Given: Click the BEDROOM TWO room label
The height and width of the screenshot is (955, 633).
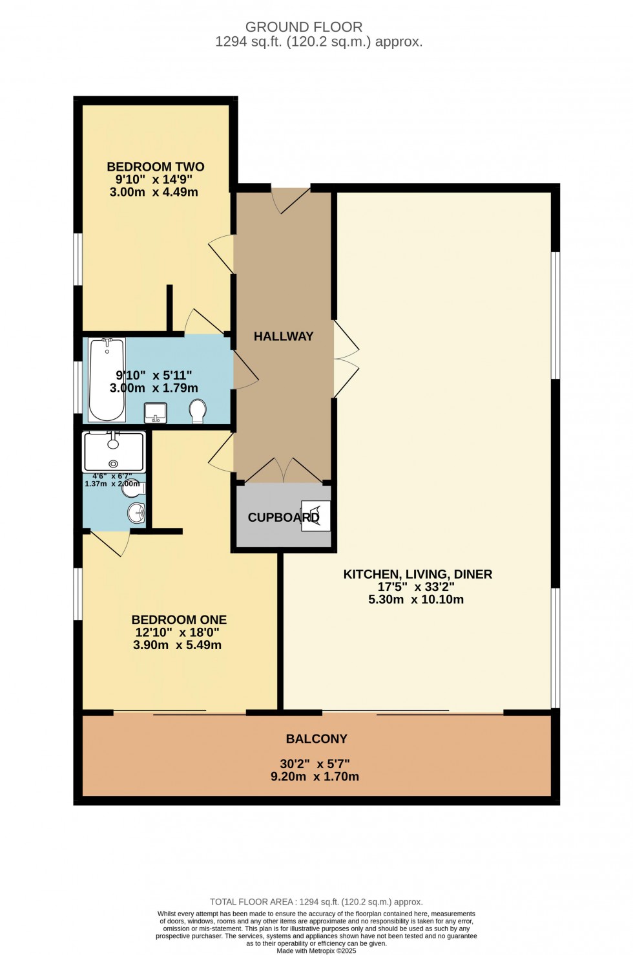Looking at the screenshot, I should (x=155, y=167).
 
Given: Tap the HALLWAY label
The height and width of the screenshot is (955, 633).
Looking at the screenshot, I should (x=284, y=336).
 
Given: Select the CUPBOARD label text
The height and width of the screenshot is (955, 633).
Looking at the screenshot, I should (x=283, y=517).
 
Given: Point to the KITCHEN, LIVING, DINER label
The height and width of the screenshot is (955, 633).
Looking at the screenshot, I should (x=417, y=574).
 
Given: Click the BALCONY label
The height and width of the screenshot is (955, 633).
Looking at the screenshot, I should (x=316, y=738).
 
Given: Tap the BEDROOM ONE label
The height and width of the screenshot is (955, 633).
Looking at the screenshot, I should (x=179, y=619).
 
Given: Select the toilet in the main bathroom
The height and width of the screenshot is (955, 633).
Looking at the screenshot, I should (x=198, y=411).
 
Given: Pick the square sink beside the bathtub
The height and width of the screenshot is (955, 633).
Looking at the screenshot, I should (x=155, y=411).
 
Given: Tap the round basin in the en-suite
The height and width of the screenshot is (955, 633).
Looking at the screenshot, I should (x=137, y=513).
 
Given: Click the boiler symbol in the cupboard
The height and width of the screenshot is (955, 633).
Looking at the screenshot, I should (x=316, y=516).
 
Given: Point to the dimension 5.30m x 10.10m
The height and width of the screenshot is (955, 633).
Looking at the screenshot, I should (x=416, y=599).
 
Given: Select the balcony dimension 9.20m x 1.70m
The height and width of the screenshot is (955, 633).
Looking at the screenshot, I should (x=315, y=777).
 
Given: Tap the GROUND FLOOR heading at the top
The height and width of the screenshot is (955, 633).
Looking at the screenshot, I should (x=304, y=27).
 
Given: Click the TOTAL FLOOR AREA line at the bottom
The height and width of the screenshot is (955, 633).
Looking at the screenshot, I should (x=316, y=902).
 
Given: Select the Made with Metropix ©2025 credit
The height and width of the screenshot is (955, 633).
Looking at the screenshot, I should (x=316, y=950).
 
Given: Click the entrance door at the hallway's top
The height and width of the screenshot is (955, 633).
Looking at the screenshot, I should (x=291, y=200).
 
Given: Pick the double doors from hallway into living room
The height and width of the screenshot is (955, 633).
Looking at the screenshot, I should (x=346, y=359).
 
